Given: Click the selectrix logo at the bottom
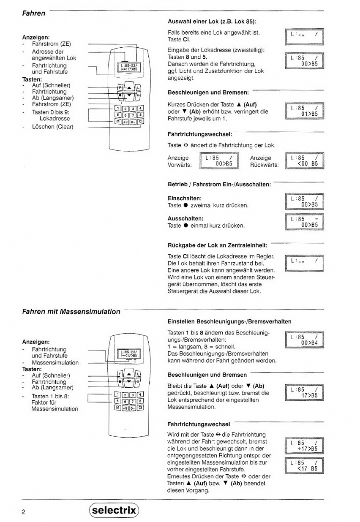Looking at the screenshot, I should pyautogui.click(x=114, y=510).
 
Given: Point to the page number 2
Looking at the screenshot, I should pyautogui.click(x=24, y=512).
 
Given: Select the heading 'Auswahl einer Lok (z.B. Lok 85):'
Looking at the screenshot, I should pyautogui.click(x=212, y=21).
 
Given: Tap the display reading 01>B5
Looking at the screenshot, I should pyautogui.click(x=304, y=111).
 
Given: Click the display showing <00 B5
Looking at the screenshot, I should pyautogui.click(x=304, y=160).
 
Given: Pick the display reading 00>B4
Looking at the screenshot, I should pyautogui.click(x=304, y=340).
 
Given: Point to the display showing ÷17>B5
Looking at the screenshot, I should pyautogui.click(x=304, y=446).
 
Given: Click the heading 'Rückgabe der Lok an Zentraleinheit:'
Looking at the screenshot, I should pyautogui.click(x=218, y=245).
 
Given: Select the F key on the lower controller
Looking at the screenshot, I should pyautogui.click(x=120, y=374).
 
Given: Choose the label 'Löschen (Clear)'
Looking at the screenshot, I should pyautogui.click(x=52, y=127).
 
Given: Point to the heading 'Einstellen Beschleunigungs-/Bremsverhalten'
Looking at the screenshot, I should pyautogui.click(x=229, y=321).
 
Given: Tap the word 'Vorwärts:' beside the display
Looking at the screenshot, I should pyautogui.click(x=180, y=165).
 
